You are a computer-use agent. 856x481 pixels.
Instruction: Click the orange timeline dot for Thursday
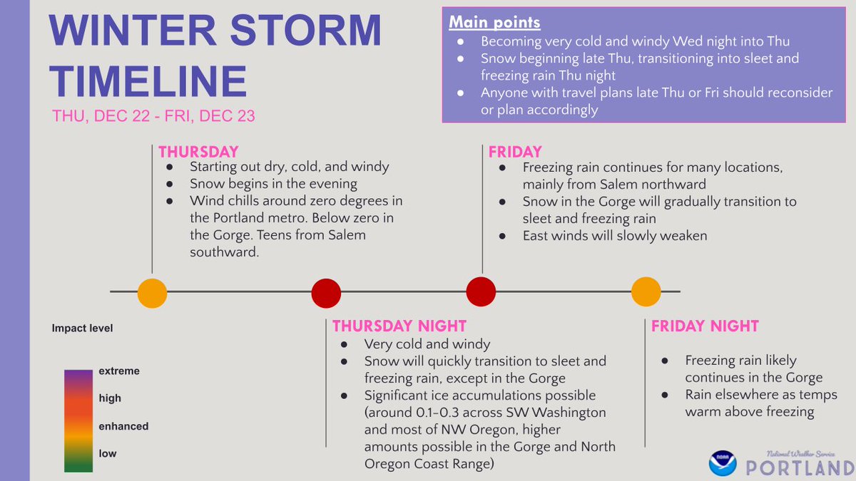pos(152,293)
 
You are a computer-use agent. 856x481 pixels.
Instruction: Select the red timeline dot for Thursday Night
pos(326,293)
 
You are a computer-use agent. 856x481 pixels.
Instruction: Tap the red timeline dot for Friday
pos(481,291)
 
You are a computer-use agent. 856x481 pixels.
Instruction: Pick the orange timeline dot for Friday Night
pos(646,291)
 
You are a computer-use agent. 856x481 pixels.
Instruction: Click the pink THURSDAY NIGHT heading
pos(399,326)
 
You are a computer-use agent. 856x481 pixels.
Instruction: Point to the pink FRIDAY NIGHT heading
pos(705,326)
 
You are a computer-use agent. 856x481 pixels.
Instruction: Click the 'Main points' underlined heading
pos(494,22)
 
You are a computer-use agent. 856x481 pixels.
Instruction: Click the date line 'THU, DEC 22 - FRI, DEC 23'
pos(153,116)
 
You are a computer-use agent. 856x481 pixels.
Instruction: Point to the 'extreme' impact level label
pos(119,371)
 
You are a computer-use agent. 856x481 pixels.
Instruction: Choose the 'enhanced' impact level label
pos(123,426)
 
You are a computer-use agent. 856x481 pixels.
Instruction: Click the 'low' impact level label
pos(108,453)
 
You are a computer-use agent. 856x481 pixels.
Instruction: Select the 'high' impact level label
pos(110,398)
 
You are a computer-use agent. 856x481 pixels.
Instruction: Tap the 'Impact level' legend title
pos(82,329)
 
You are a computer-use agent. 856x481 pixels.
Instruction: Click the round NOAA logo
pos(722,462)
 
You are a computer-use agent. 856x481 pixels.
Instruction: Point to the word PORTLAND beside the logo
pos(800,468)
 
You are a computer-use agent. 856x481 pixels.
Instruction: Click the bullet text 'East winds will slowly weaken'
pos(614,236)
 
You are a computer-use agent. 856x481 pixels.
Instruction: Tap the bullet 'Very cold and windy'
pos(427,344)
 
